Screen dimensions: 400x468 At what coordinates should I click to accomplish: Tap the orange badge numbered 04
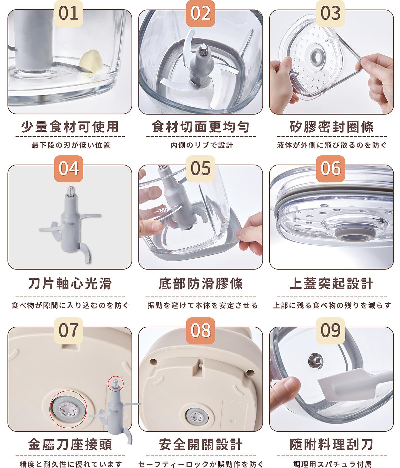pos(68,168)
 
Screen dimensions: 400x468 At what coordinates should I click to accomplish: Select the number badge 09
pos(330,330)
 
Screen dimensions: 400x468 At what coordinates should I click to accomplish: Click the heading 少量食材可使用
pos(70,127)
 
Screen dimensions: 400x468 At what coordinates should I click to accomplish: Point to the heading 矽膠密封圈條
pos(332,127)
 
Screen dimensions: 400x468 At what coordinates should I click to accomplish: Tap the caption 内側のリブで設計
pos(202,145)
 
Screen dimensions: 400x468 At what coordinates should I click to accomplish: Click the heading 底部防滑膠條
pos(201,284)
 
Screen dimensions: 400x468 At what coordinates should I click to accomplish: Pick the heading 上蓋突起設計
pos(332,284)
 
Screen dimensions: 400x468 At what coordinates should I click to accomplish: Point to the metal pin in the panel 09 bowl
pos(316,360)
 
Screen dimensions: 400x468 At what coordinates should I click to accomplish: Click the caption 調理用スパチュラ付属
pos(332,463)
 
